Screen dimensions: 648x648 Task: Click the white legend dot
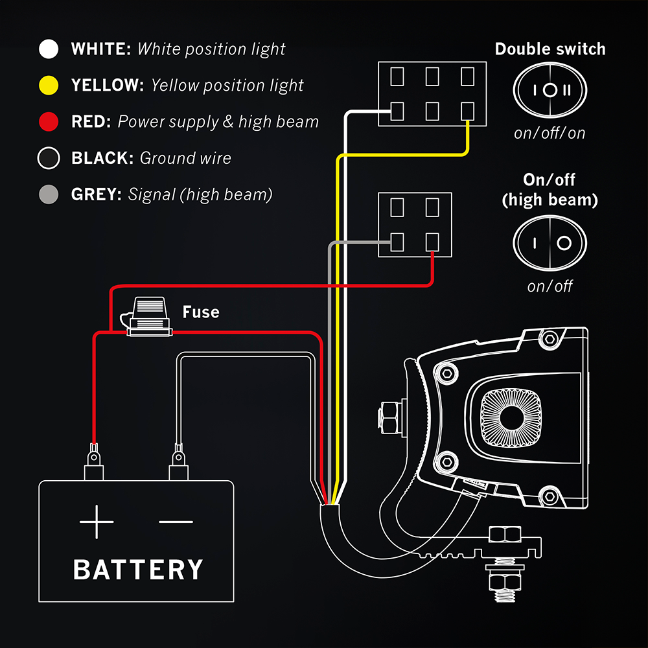(x=49, y=49)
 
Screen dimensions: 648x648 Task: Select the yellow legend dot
(x=49, y=85)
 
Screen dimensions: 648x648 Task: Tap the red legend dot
(x=49, y=121)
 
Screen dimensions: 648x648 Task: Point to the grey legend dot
(x=49, y=194)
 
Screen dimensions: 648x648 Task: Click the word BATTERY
(x=138, y=570)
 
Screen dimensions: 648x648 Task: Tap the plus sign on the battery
(x=97, y=521)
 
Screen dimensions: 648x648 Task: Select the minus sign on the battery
(x=176, y=521)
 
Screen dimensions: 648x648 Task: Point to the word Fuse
(x=201, y=312)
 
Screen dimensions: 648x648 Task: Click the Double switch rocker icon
(x=550, y=90)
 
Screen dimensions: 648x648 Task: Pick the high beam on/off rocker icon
(x=550, y=243)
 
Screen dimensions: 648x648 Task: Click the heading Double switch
(x=550, y=49)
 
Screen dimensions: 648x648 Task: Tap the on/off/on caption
(x=550, y=133)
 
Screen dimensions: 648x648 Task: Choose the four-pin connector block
(x=415, y=224)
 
